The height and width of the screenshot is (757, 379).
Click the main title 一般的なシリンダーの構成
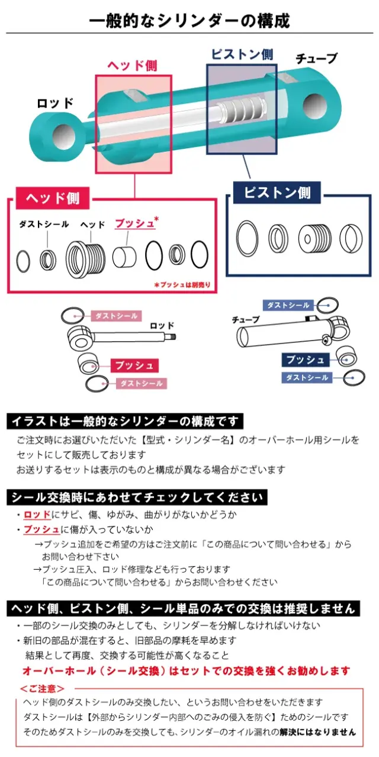tap(189, 21)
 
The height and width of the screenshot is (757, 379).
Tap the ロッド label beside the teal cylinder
tap(54, 102)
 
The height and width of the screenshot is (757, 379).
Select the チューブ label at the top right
tap(316, 58)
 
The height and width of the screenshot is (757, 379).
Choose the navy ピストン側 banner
tap(277, 193)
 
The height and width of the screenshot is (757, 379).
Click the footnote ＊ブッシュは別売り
tap(182, 285)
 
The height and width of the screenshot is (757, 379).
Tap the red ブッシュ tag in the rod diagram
tap(133, 365)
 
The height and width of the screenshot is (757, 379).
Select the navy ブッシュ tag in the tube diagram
tap(305, 360)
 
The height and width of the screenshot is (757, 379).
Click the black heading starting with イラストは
tap(125, 421)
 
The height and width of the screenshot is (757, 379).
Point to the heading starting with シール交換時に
tap(137, 496)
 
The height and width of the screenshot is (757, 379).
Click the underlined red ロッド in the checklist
tap(37, 514)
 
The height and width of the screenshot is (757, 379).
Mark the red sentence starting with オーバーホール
tap(186, 671)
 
